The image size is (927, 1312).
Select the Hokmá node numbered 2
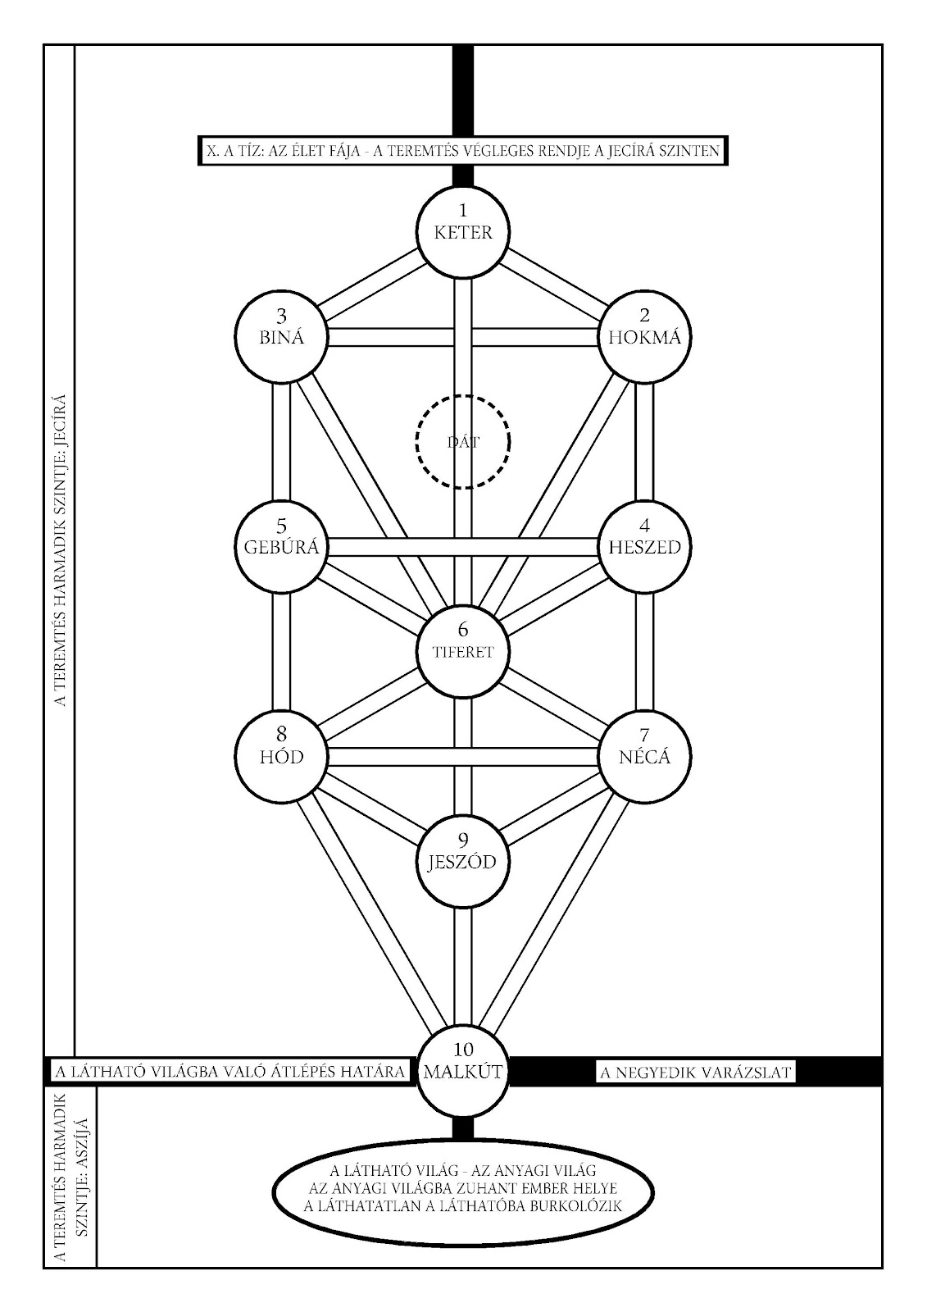point(644,337)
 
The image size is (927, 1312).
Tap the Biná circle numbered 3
point(281,337)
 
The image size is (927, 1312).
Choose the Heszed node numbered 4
point(644,547)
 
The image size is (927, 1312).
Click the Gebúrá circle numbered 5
point(281,547)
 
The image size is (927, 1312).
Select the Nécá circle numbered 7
point(644,756)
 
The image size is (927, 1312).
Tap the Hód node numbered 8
point(281,756)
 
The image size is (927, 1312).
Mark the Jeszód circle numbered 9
point(463,862)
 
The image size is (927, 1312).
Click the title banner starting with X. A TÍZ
point(463,151)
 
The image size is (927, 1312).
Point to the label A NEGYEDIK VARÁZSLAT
point(694,1072)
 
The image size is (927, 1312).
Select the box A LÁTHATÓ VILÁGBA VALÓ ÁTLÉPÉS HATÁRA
point(229,1072)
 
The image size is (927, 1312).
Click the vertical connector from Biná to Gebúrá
point(281,442)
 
